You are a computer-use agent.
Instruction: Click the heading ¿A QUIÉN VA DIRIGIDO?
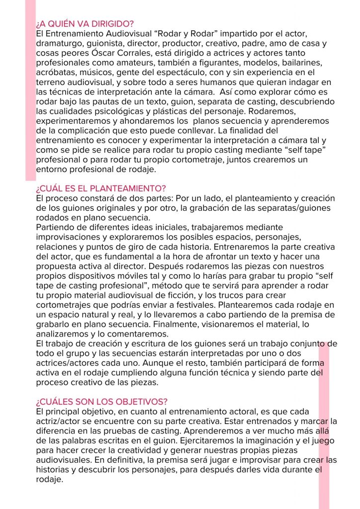[85, 24]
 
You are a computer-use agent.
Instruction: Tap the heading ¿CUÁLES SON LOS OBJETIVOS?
[101, 401]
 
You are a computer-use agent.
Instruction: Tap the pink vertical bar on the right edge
[324, 423]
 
